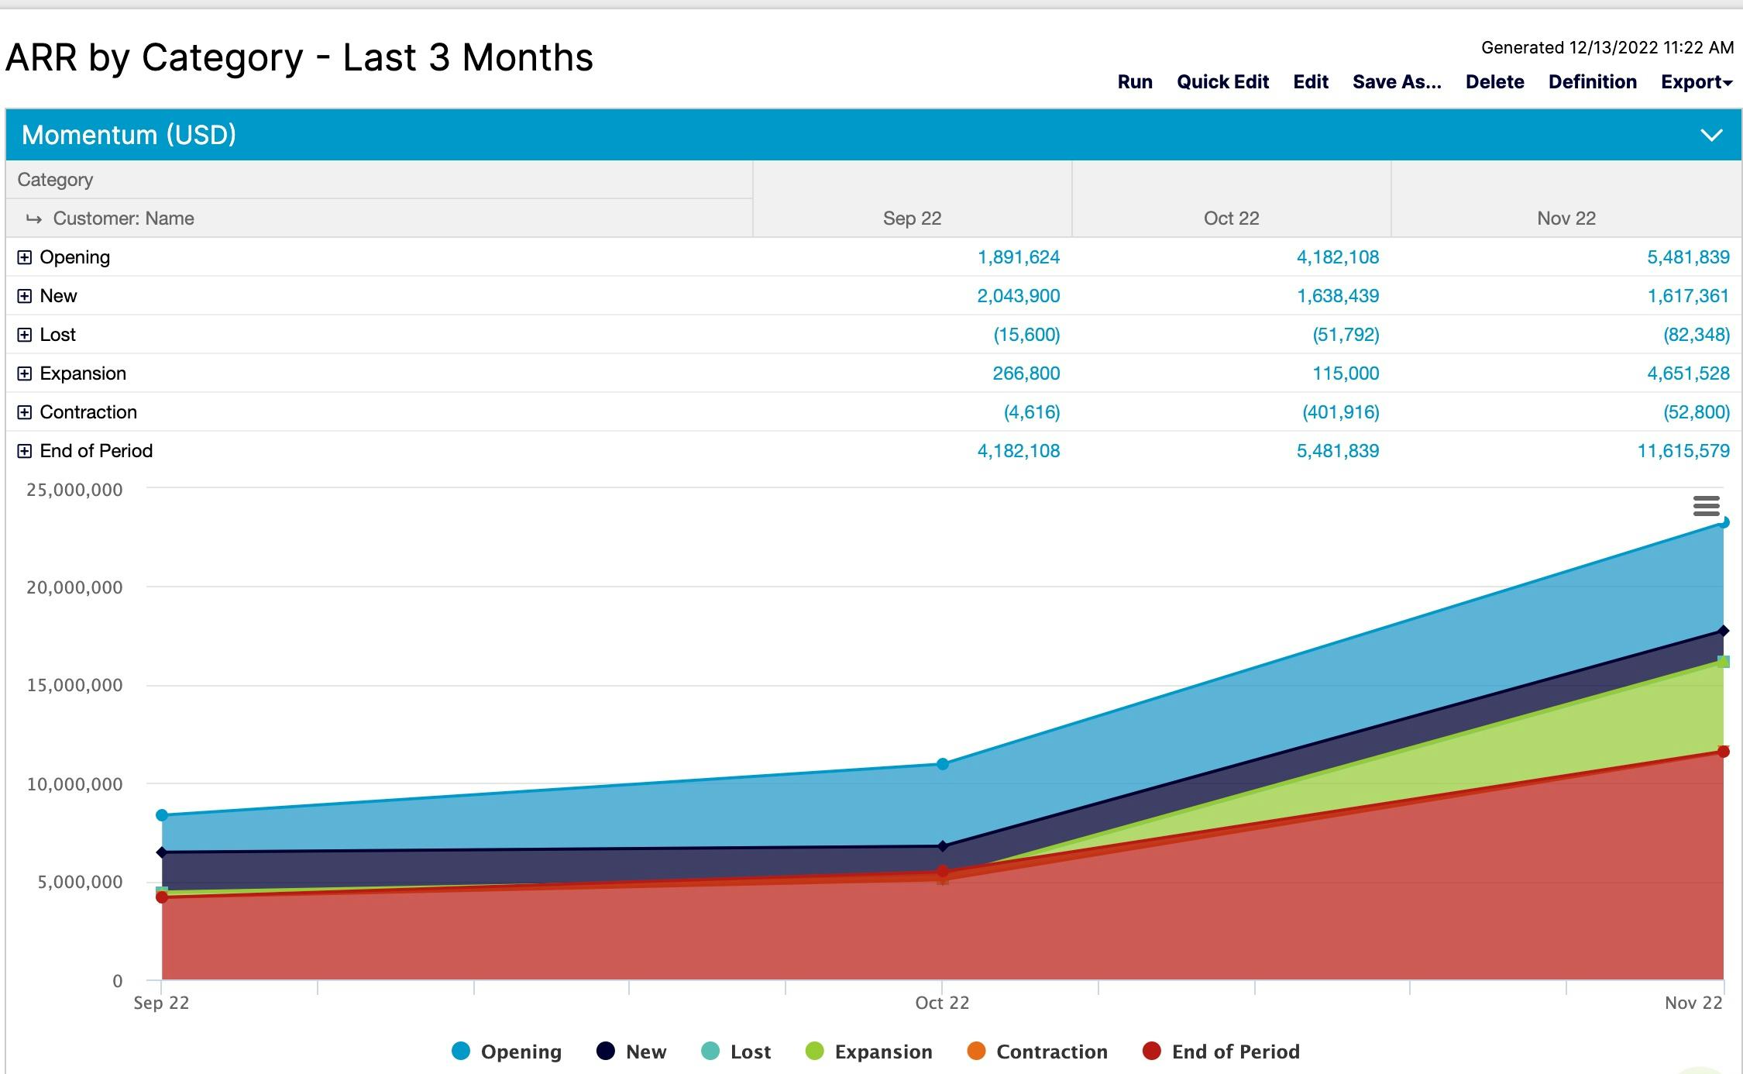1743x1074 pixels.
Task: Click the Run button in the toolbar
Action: pyautogui.click(x=1134, y=82)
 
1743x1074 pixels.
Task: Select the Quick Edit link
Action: pyautogui.click(x=1222, y=82)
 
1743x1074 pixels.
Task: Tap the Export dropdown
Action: pyautogui.click(x=1696, y=82)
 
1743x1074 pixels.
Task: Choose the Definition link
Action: pyautogui.click(x=1592, y=82)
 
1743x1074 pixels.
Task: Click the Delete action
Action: pyautogui.click(x=1494, y=82)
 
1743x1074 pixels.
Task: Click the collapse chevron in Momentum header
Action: pyautogui.click(x=1711, y=136)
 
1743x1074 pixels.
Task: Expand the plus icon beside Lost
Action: pyautogui.click(x=25, y=335)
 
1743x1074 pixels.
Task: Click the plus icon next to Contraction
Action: pyautogui.click(x=25, y=412)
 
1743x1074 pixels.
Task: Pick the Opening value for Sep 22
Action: pyautogui.click(x=1018, y=257)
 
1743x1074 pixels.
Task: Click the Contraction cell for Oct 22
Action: pyautogui.click(x=1340, y=412)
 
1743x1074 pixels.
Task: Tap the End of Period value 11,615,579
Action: pyautogui.click(x=1683, y=451)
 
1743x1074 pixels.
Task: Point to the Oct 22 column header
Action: pyautogui.click(x=1231, y=219)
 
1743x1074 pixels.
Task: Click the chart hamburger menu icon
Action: pyautogui.click(x=1707, y=506)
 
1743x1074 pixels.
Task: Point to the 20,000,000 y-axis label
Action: pyautogui.click(x=74, y=587)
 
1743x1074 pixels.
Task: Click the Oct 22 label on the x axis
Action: pyautogui.click(x=942, y=1003)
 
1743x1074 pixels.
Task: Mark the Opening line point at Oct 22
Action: pyautogui.click(x=943, y=764)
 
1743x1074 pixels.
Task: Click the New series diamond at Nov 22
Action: pyautogui.click(x=1724, y=631)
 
